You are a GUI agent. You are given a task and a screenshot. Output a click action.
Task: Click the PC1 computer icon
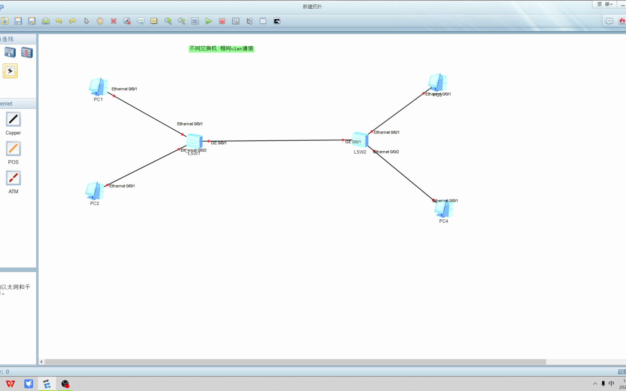click(98, 87)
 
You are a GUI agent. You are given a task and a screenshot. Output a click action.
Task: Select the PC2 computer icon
click(95, 191)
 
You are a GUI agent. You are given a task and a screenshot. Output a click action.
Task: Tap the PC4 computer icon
click(443, 210)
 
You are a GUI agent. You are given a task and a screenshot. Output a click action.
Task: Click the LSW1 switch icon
click(194, 141)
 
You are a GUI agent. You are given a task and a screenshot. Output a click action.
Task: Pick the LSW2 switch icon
click(360, 140)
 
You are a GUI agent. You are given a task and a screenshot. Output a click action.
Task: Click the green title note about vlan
click(221, 49)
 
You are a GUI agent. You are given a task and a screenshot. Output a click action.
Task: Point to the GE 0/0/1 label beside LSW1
click(219, 143)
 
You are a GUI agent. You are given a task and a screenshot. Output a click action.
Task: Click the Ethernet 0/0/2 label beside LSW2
click(386, 152)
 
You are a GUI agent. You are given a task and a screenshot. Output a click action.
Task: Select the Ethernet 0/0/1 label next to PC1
click(124, 89)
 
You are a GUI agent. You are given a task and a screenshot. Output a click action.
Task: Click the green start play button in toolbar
click(209, 21)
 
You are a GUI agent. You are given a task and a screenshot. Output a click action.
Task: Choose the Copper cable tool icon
click(13, 119)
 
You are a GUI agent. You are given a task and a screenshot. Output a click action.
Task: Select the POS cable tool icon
click(13, 149)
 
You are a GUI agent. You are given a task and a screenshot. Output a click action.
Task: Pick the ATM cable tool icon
click(13, 178)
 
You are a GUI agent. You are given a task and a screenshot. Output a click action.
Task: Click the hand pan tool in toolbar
click(100, 21)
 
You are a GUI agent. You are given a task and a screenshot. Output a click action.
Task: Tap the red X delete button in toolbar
click(114, 21)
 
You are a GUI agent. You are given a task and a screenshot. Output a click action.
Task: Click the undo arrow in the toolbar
click(59, 21)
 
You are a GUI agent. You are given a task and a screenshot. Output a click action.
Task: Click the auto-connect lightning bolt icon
click(10, 71)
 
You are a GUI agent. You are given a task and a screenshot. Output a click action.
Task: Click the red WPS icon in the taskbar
click(11, 384)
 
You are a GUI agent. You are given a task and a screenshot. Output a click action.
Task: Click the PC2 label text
click(95, 203)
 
